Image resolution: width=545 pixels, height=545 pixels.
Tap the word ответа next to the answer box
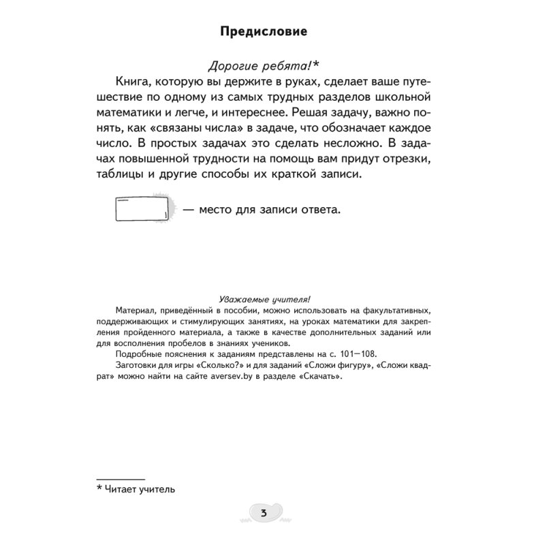tap(315, 210)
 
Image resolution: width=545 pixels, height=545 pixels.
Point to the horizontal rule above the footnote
tap(121, 479)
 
